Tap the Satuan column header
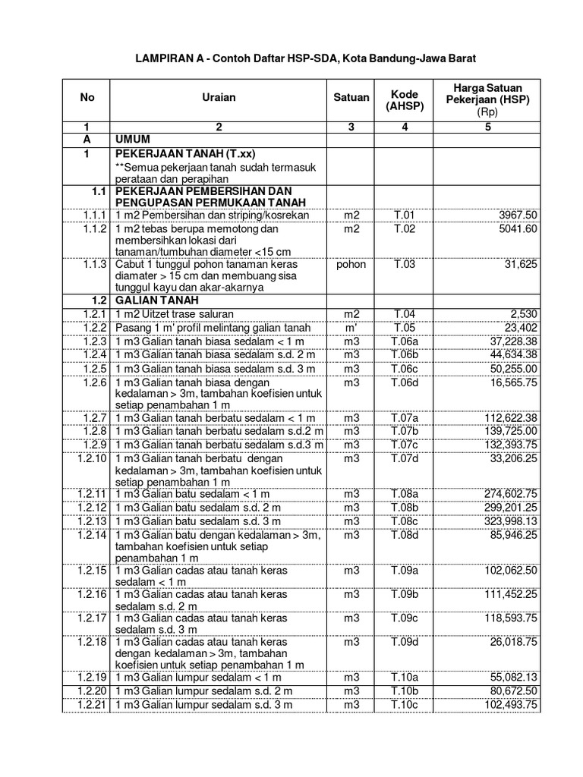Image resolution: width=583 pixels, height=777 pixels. pyautogui.click(x=351, y=97)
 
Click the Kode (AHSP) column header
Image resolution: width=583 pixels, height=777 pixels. pyautogui.click(x=405, y=98)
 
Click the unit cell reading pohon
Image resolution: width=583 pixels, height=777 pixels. pyautogui.click(x=351, y=264)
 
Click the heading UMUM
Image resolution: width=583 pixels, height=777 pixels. pyautogui.click(x=134, y=140)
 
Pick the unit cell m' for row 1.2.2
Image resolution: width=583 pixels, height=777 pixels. pyautogui.click(x=351, y=327)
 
